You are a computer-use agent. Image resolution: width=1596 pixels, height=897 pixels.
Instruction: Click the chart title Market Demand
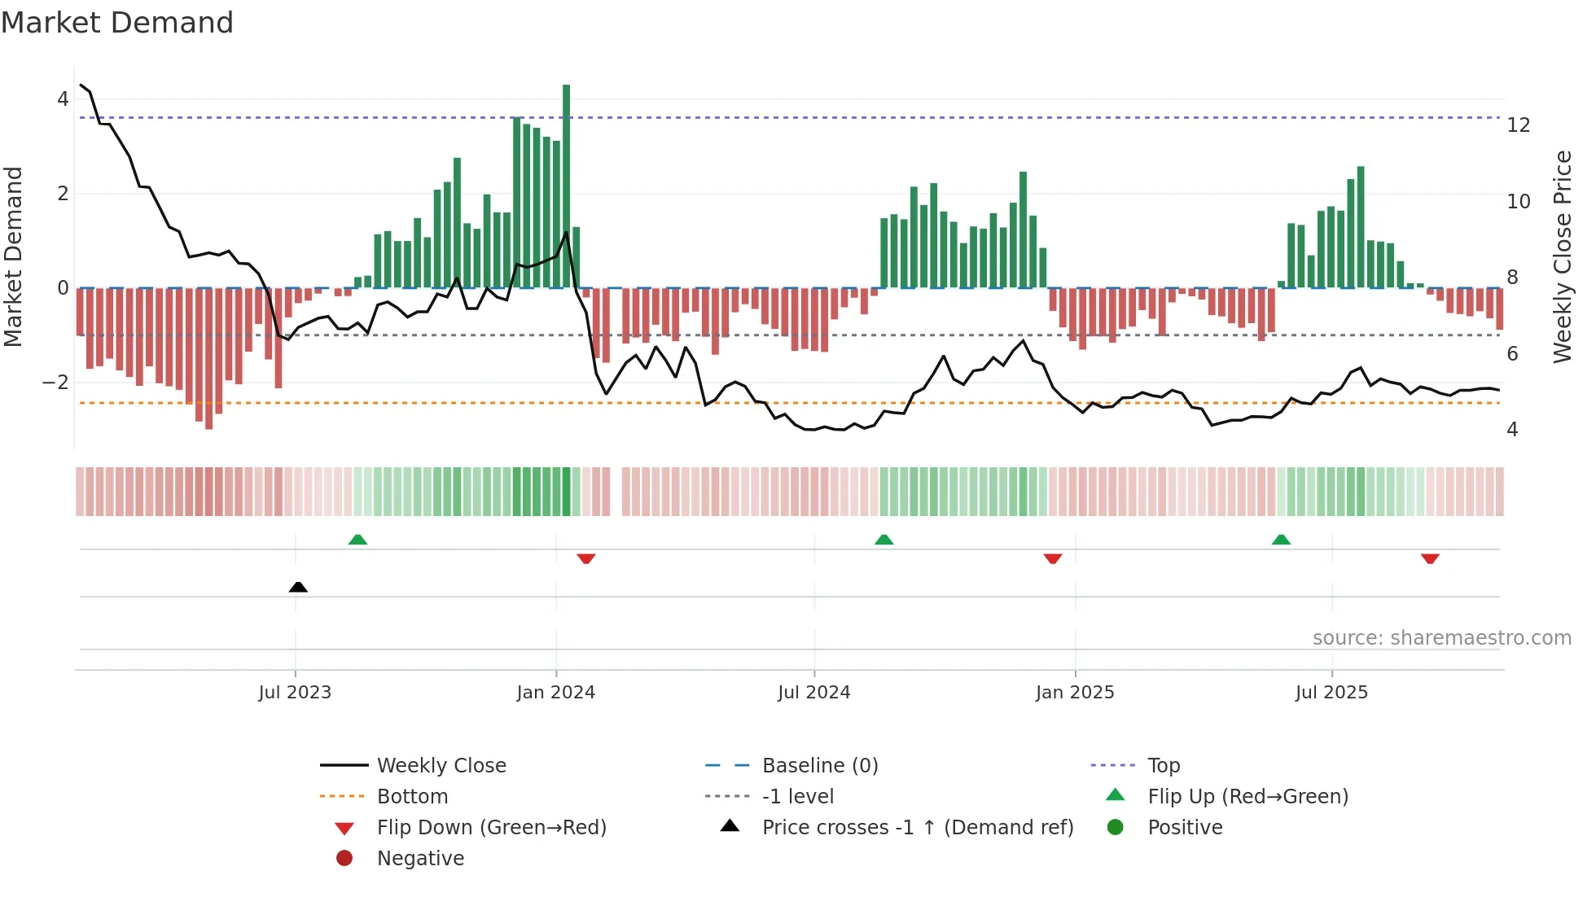click(x=117, y=23)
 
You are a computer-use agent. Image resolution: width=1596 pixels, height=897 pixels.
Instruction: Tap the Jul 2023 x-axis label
click(x=295, y=693)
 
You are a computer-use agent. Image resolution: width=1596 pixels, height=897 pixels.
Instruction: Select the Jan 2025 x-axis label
click(x=1075, y=693)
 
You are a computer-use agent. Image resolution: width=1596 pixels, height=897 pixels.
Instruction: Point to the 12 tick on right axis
click(x=1519, y=125)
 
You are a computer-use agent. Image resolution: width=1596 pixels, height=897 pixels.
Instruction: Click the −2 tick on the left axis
click(x=55, y=383)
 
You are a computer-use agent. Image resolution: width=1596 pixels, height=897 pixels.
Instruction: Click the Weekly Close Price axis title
click(x=1562, y=256)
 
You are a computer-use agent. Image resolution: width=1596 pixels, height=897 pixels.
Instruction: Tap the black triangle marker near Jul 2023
click(x=298, y=587)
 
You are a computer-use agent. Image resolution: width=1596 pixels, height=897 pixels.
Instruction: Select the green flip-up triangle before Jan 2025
click(x=883, y=540)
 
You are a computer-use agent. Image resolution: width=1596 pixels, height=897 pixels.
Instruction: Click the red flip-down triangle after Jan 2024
click(x=586, y=558)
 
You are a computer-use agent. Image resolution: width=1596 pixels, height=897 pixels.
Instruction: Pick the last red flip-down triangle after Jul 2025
click(x=1430, y=558)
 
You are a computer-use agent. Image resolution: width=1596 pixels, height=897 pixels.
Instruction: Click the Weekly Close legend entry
click(x=441, y=766)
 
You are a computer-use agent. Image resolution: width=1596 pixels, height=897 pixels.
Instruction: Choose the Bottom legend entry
click(x=412, y=797)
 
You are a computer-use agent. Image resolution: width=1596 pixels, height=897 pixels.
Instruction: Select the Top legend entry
click(x=1163, y=766)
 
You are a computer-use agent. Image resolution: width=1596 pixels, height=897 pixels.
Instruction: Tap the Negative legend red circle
click(x=344, y=859)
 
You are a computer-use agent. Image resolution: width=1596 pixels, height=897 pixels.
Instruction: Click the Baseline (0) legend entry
click(x=819, y=766)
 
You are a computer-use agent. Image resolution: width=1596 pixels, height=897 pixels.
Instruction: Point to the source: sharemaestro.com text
click(x=1441, y=638)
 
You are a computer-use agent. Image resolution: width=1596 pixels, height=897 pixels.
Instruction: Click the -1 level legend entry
click(x=797, y=797)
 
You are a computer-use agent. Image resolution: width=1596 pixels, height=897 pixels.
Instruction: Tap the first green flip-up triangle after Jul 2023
click(x=357, y=540)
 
